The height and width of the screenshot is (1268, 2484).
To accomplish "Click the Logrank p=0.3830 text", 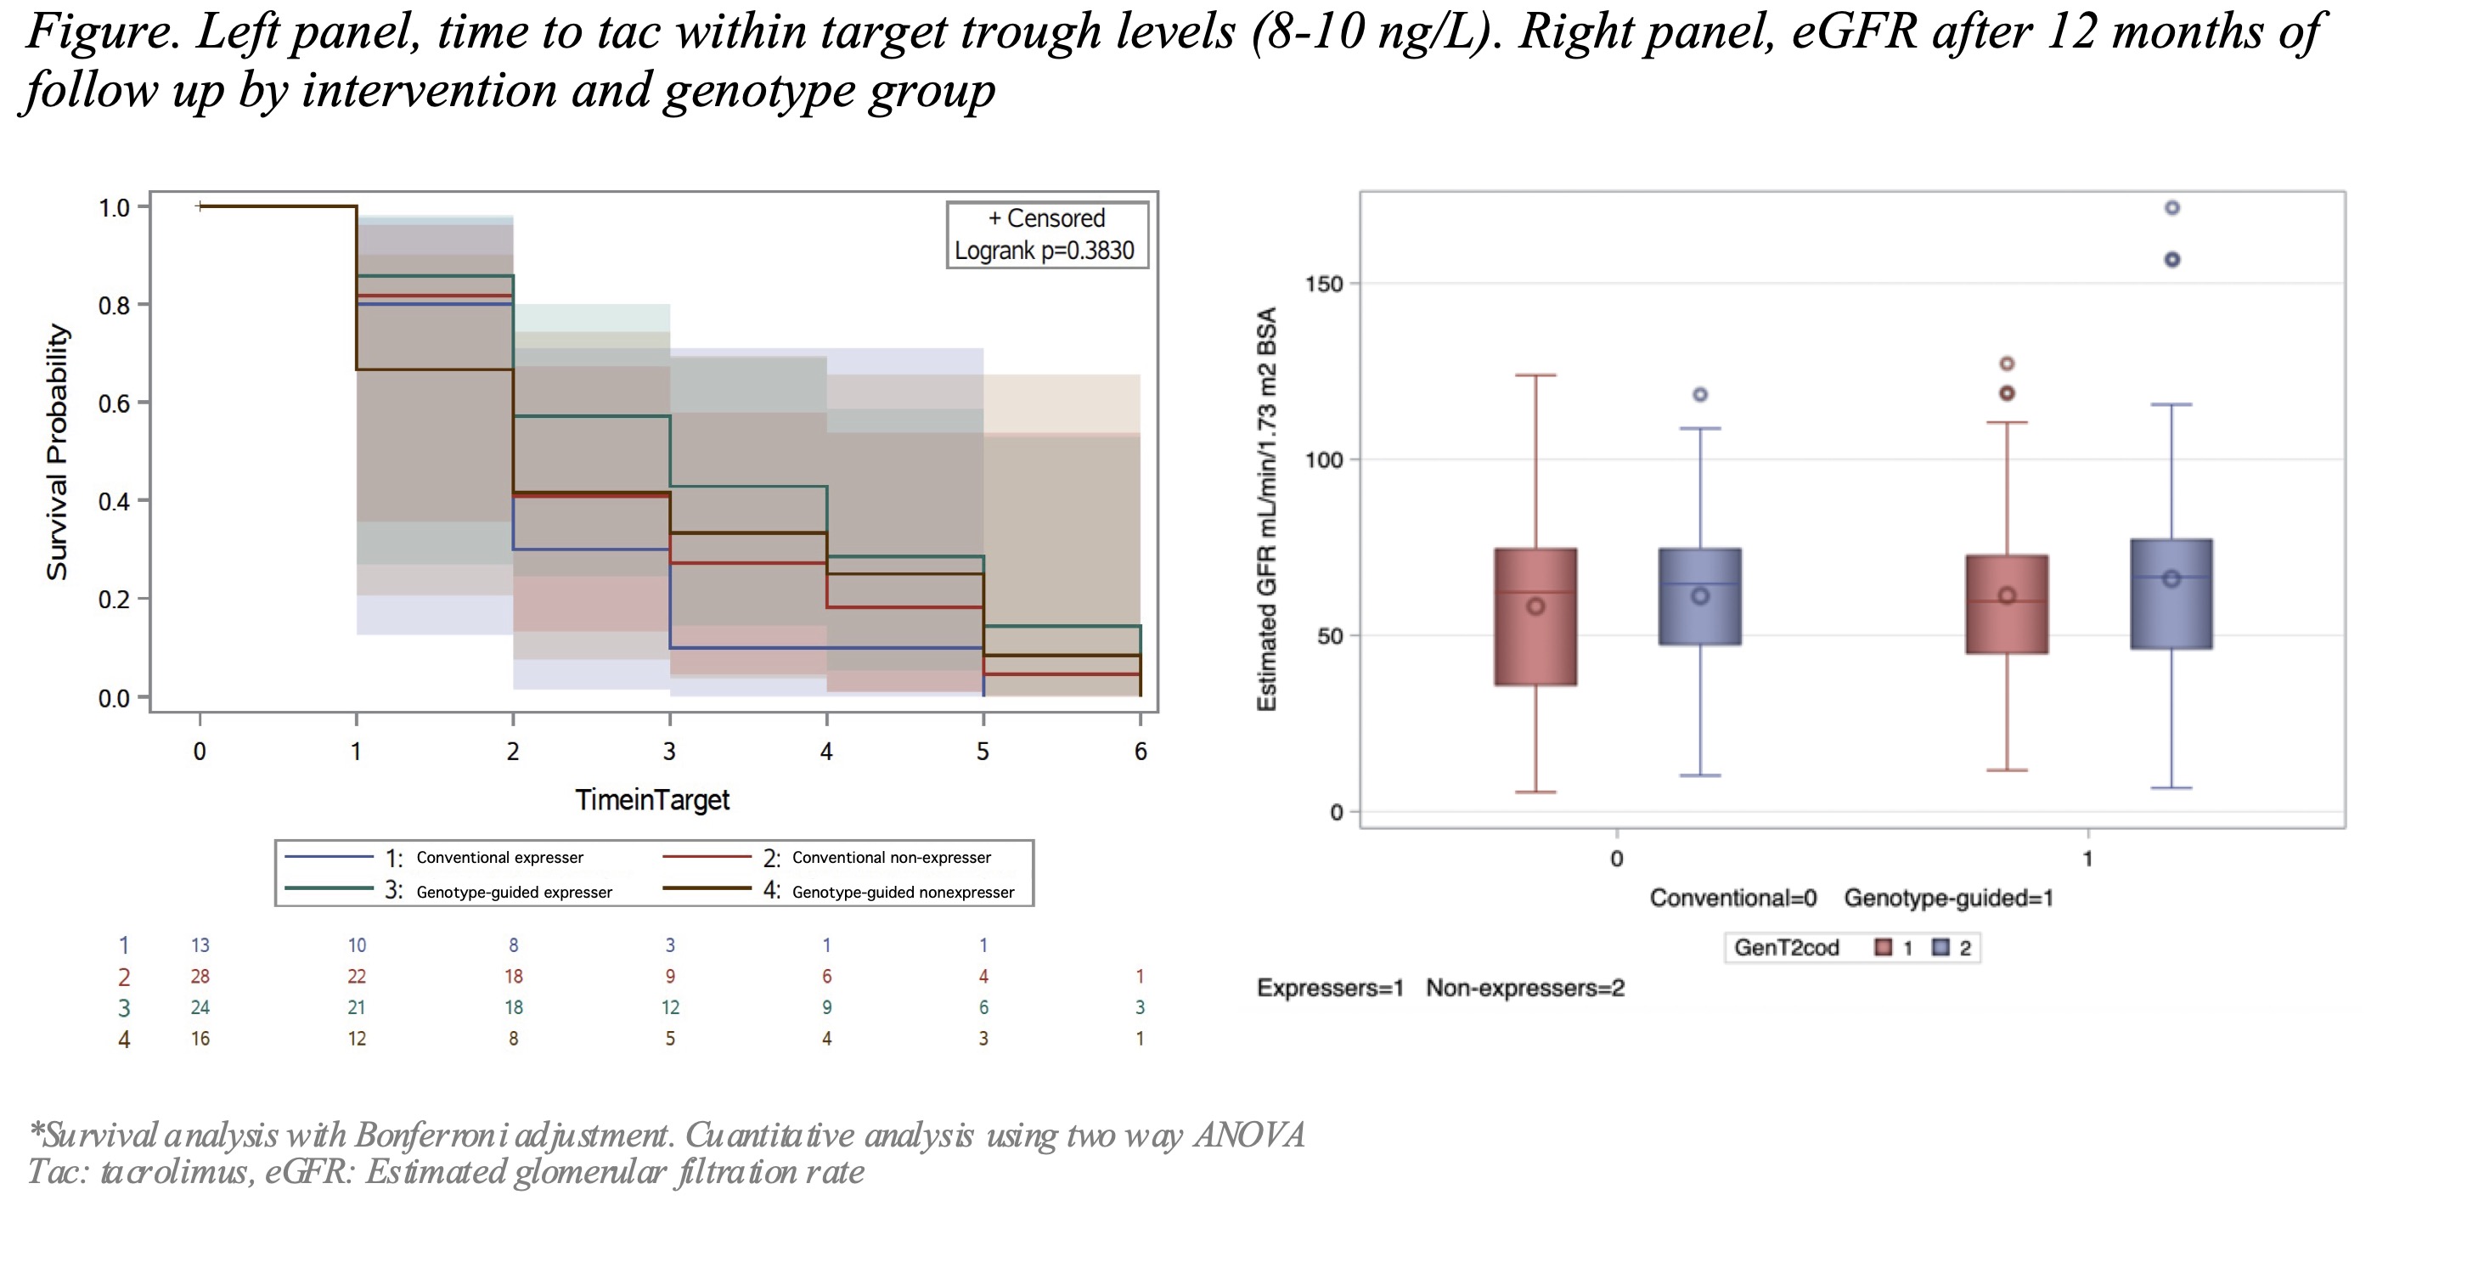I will (x=1045, y=251).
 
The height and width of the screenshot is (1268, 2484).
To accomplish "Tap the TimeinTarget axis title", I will (x=652, y=799).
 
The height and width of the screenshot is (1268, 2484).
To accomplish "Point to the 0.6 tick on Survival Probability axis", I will (x=115, y=403).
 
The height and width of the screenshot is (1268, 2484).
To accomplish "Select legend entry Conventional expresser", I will (x=499, y=857).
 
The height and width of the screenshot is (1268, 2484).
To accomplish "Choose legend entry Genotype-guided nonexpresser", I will (x=903, y=892).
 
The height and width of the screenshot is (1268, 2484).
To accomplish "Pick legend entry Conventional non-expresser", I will (x=891, y=857).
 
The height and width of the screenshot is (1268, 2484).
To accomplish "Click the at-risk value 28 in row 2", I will (x=200, y=976).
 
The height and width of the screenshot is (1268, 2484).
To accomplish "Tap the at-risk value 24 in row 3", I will (x=200, y=1006).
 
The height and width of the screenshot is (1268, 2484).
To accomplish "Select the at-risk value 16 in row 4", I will (x=200, y=1039).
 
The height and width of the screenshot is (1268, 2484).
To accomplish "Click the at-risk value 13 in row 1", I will (x=200, y=945).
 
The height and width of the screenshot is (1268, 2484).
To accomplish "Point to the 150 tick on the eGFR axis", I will (x=1324, y=284).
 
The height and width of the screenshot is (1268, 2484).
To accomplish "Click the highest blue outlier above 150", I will (x=2171, y=207).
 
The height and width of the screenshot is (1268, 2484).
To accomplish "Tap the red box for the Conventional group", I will (x=1535, y=617).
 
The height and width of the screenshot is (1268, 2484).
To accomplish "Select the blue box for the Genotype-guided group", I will (x=2171, y=594).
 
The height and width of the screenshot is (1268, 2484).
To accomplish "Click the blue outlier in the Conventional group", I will (x=1700, y=394).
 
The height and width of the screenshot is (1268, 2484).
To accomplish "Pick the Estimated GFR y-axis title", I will (x=1267, y=509).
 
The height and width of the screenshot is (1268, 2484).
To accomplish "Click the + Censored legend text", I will (x=1046, y=219).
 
